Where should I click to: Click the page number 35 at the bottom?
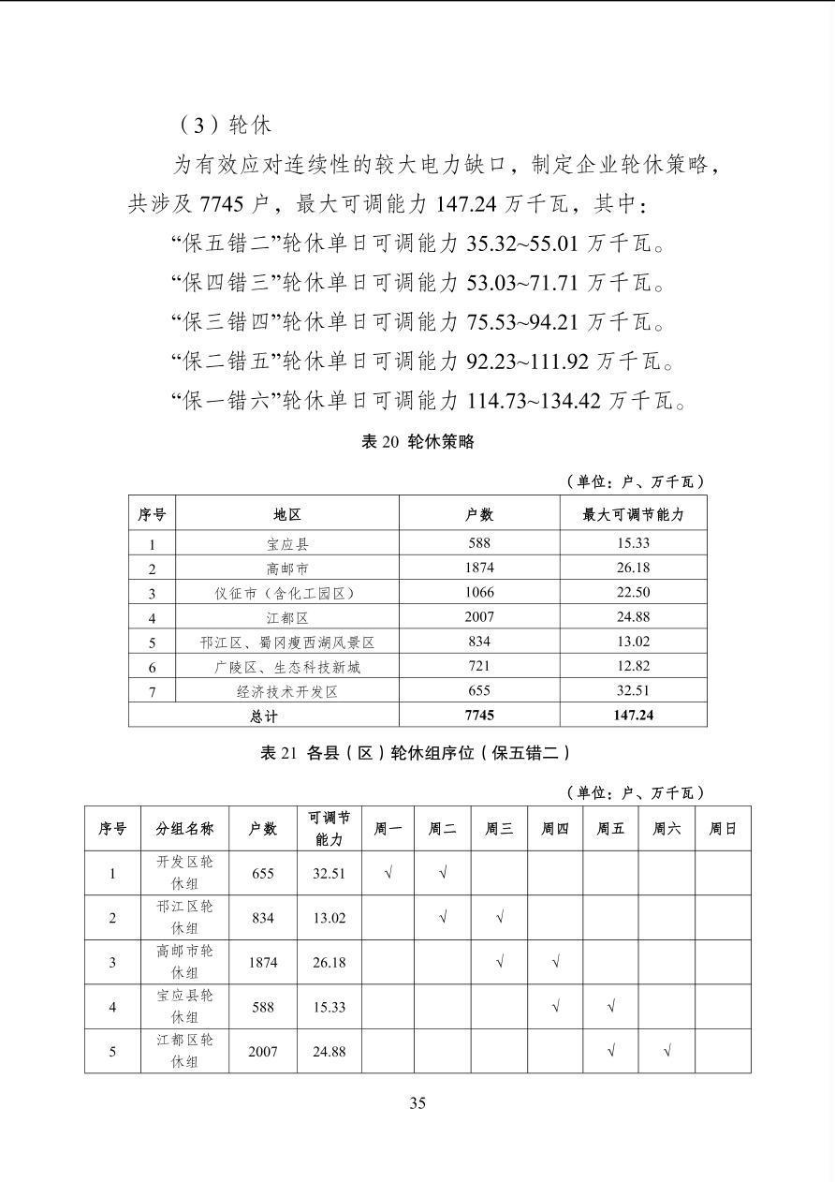(x=417, y=1102)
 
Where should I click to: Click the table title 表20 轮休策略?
(x=417, y=442)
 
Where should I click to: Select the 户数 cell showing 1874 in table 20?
(x=479, y=568)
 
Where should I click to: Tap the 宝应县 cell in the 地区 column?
(x=287, y=543)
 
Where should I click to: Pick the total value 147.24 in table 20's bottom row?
(x=633, y=715)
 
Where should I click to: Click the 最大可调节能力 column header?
(x=633, y=514)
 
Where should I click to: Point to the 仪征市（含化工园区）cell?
(x=287, y=593)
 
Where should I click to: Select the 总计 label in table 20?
(x=264, y=715)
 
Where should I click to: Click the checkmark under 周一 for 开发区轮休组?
(x=388, y=873)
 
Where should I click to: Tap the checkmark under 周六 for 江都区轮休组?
(x=667, y=1051)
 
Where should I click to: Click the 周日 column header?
(x=722, y=829)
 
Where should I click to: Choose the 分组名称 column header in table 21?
(x=184, y=829)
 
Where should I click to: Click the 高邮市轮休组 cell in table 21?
(x=184, y=962)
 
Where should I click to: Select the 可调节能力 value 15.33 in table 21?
(x=330, y=1007)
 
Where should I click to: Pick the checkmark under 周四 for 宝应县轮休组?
(x=556, y=1007)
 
